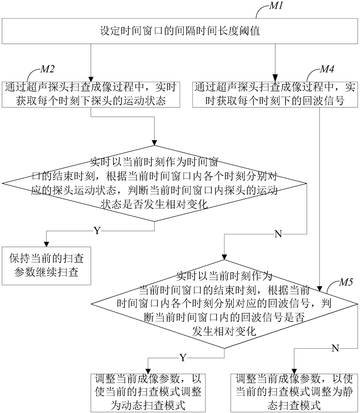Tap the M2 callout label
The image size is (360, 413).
(x=47, y=69)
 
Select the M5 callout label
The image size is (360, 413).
(x=346, y=282)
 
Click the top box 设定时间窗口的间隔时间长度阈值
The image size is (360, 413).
(x=180, y=31)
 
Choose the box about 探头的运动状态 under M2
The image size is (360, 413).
(x=91, y=94)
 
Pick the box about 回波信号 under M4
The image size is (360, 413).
(x=275, y=94)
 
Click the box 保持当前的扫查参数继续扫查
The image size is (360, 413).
(x=46, y=265)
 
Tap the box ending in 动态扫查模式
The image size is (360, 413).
(x=148, y=393)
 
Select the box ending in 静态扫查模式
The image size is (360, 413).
(x=294, y=393)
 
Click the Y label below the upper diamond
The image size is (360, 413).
(x=97, y=231)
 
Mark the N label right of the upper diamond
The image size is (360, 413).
(x=278, y=234)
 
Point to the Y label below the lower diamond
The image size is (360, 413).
(x=182, y=358)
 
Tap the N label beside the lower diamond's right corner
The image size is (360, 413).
(x=335, y=348)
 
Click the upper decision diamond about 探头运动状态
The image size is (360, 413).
(x=154, y=183)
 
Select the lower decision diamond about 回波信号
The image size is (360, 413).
(x=224, y=304)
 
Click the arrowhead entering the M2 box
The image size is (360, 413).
(x=91, y=79)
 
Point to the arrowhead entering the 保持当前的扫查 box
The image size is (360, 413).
(x=46, y=244)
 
